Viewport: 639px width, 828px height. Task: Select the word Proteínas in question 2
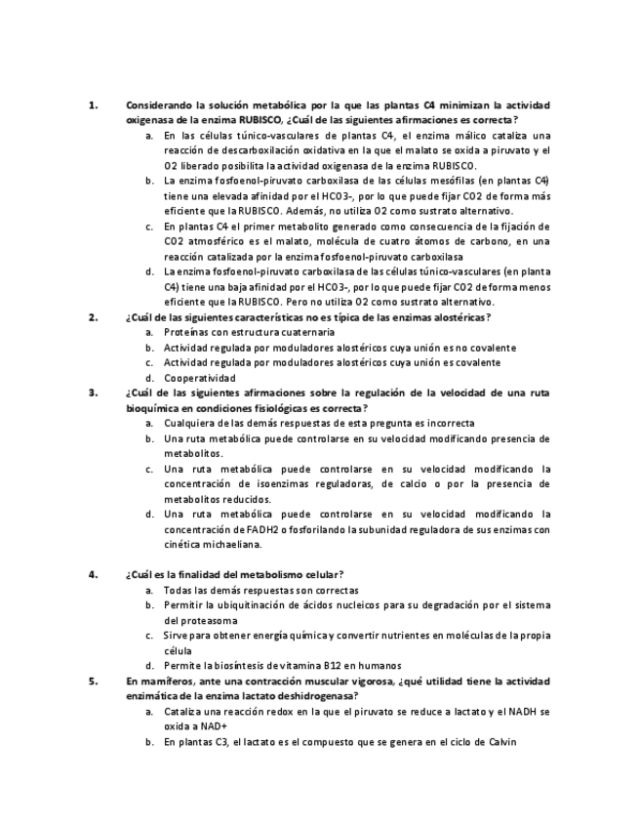click(187, 332)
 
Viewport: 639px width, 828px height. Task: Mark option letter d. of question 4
click(149, 665)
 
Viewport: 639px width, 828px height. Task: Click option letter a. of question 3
click(149, 423)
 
